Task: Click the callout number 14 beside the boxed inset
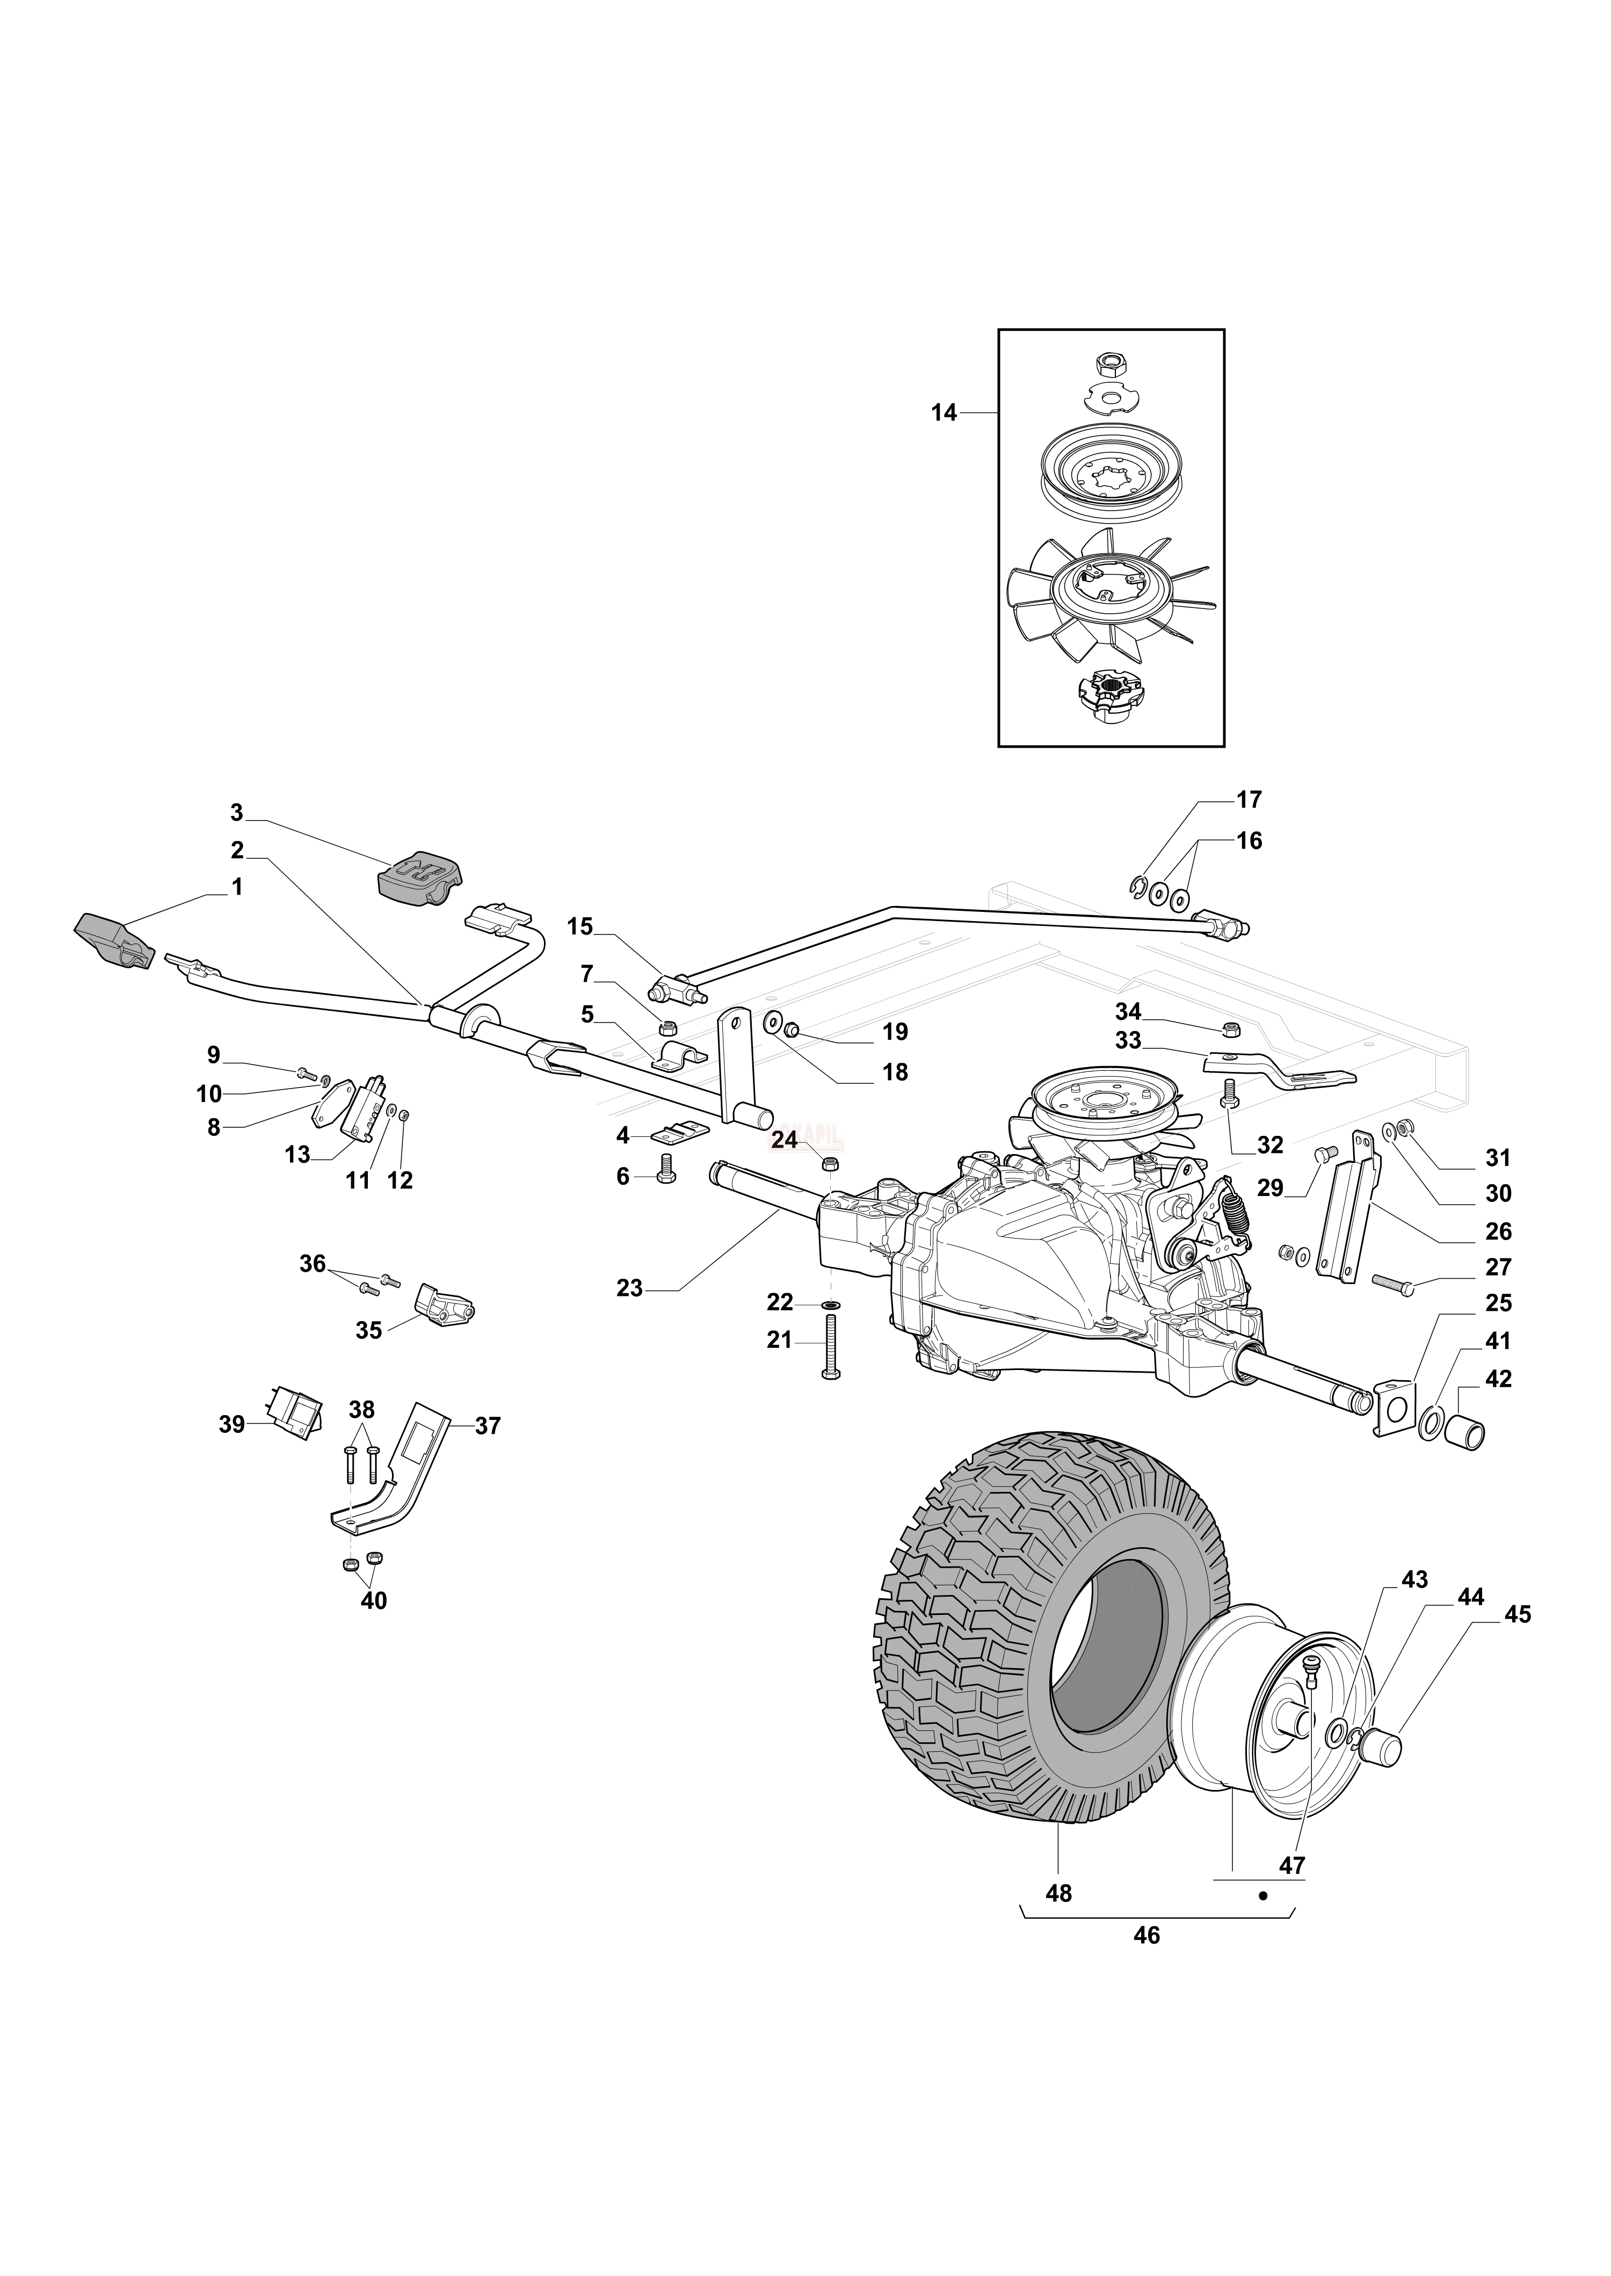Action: pos(944,413)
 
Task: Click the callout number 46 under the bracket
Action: pos(1146,1936)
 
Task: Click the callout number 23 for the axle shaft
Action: pos(629,1289)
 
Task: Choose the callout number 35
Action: pos(369,1330)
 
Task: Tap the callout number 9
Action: pos(213,1055)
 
